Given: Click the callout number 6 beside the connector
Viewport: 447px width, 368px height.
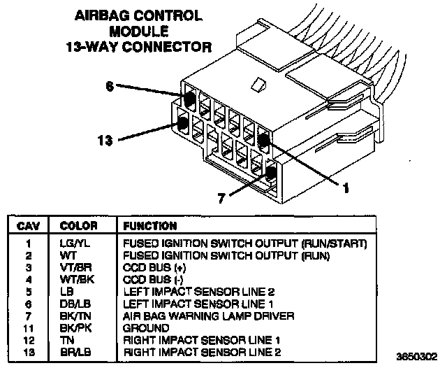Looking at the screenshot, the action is click(109, 86).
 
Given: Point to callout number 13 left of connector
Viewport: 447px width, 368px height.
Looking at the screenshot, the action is click(105, 141).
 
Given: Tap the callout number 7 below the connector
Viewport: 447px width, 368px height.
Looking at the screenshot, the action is click(222, 199).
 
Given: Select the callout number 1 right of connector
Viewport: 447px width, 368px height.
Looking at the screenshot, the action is click(344, 187).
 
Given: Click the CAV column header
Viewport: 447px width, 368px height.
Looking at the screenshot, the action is click(28, 226).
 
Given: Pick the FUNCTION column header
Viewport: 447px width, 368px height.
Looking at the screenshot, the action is click(149, 226).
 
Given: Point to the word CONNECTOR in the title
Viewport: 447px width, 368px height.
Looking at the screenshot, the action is click(173, 48).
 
